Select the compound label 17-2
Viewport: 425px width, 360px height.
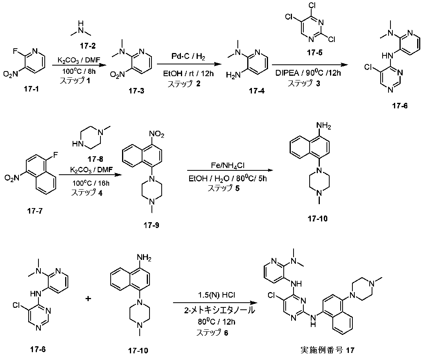(88, 46)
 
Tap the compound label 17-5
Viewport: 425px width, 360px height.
(315, 53)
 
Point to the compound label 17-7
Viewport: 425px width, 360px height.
(35, 210)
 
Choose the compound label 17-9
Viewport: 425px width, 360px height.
(151, 225)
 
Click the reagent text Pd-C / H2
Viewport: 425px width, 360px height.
(188, 57)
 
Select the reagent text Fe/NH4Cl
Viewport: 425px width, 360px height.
(228, 165)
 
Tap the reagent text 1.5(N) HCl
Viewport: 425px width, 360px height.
(216, 295)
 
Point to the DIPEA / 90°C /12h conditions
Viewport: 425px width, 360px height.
(308, 73)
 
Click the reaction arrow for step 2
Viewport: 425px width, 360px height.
(189, 64)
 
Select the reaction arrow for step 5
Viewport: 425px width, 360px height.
(230, 170)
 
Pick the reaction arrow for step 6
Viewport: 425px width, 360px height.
(215, 303)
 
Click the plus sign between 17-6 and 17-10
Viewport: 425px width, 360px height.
(88, 299)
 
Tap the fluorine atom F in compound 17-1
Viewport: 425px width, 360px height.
(15, 51)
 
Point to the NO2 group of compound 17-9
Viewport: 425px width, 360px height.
(157, 134)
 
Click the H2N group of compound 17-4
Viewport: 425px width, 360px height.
(233, 76)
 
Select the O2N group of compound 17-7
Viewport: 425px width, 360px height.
(12, 178)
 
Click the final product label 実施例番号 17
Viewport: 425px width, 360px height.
(327, 350)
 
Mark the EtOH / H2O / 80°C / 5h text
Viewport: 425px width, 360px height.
(228, 179)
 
